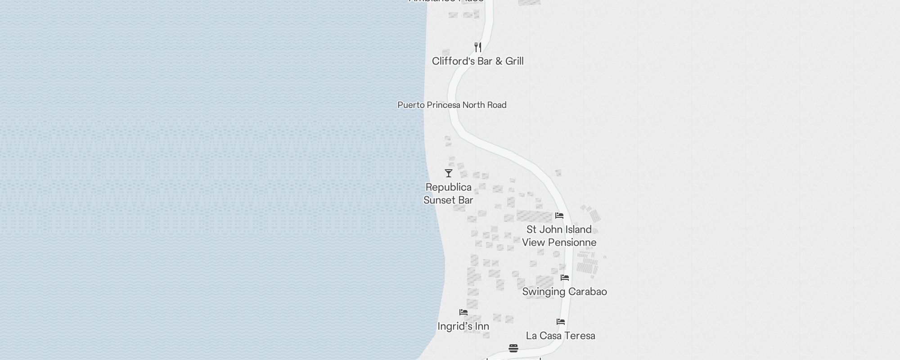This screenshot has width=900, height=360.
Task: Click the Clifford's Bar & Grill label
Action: pos(477,61)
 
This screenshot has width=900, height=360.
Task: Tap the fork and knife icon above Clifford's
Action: pos(478,47)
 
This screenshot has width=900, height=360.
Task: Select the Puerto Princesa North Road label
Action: pos(452,105)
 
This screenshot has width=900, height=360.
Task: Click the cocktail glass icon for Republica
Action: pos(449,173)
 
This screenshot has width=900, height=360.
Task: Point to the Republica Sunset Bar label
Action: pos(448,193)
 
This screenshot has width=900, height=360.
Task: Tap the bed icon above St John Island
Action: pos(559,216)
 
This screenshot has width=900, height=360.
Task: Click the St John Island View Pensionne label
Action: pos(559,236)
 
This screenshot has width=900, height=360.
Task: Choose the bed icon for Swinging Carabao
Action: pos(565,278)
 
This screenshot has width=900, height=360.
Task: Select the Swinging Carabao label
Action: pos(564,292)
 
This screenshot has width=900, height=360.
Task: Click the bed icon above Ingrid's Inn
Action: pos(463,312)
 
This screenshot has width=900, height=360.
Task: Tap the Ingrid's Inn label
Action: pos(463,326)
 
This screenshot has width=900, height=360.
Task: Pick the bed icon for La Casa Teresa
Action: pos(561,322)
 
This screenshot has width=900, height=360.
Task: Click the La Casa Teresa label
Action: pos(560,336)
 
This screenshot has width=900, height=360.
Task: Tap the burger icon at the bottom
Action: pos(513,348)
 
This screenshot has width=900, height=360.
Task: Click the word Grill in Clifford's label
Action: pos(514,61)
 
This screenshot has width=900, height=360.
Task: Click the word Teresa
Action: pos(578,336)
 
